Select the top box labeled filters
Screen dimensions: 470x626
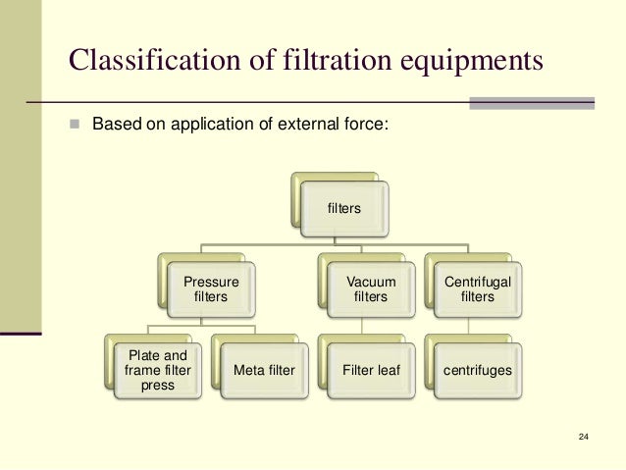344,208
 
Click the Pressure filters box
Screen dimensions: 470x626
211,288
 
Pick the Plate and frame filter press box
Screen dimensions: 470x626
158,370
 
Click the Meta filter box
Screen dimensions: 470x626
264,370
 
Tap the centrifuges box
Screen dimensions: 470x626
477,370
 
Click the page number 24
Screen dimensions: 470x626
585,436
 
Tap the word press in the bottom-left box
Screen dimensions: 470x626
158,385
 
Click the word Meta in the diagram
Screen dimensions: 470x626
249,370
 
